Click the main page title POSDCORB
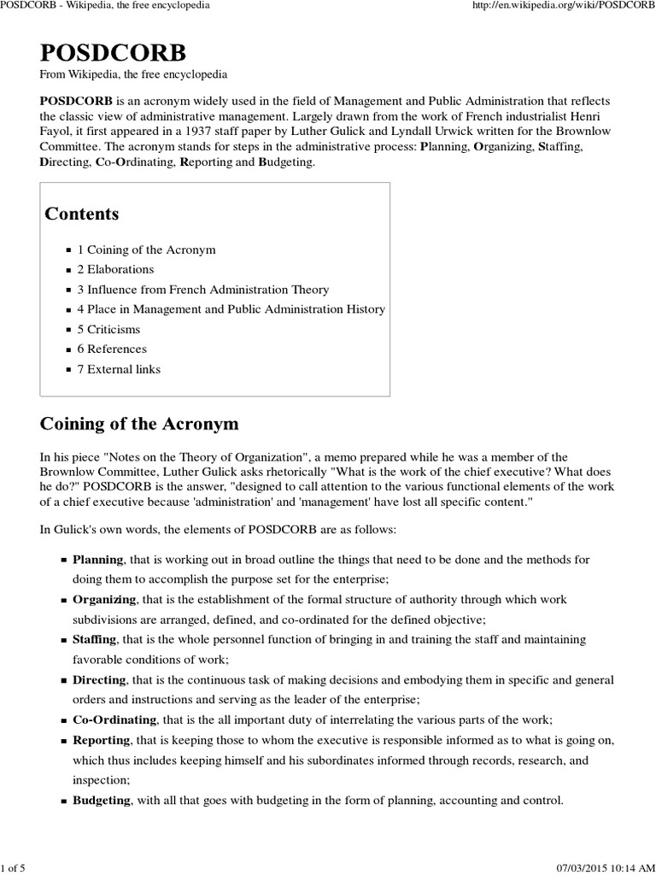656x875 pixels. pyautogui.click(x=112, y=53)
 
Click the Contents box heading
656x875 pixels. pyautogui.click(x=82, y=214)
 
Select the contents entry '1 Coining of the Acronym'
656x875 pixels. pyautogui.click(x=146, y=250)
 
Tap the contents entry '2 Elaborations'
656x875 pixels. pyautogui.click(x=115, y=270)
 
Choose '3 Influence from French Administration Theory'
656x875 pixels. pyautogui.click(x=202, y=290)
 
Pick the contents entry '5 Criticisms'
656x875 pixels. pyautogui.click(x=108, y=329)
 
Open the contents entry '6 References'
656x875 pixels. pyautogui.click(x=112, y=349)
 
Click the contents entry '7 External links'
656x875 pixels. pyautogui.click(x=119, y=369)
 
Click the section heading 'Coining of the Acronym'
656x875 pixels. pyautogui.click(x=140, y=424)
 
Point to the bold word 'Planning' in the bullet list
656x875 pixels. pyautogui.click(x=98, y=560)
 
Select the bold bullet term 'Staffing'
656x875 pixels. pyautogui.click(x=96, y=639)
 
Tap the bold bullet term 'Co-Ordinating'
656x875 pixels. pyautogui.click(x=114, y=719)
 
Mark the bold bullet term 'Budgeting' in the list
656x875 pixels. pyautogui.click(x=102, y=800)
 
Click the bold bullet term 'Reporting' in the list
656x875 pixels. pyautogui.click(x=102, y=739)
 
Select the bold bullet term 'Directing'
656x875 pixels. pyautogui.click(x=99, y=679)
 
